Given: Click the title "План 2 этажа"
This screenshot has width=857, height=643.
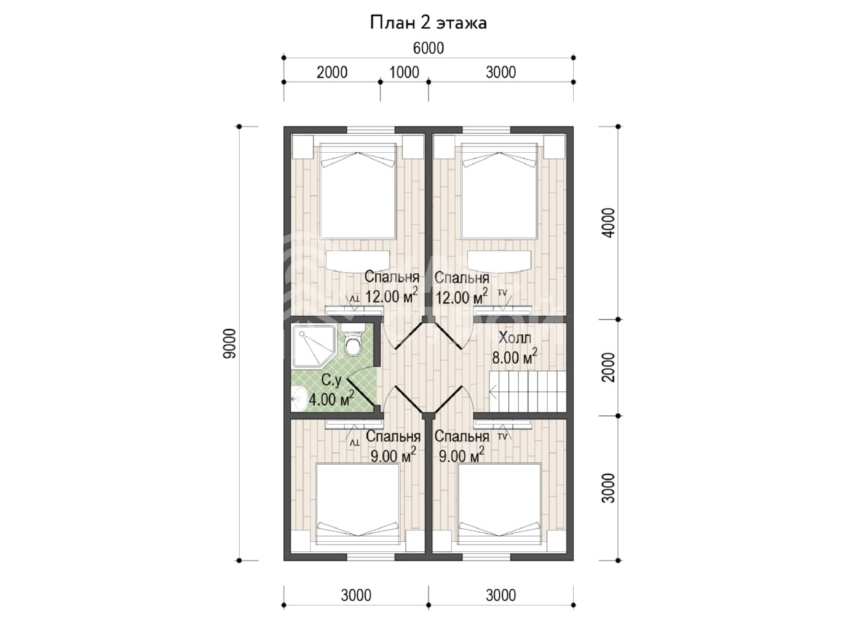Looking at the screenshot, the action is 428,23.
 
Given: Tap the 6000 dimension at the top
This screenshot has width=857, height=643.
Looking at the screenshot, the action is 428,48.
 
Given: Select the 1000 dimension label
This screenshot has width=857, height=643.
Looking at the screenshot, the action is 404,72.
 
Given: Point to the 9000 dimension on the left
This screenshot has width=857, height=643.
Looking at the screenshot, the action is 230,344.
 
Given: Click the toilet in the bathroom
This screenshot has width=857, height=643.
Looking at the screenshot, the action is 353,340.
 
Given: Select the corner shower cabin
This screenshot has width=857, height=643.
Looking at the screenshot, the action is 314,346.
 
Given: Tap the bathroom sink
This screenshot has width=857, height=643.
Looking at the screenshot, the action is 299,399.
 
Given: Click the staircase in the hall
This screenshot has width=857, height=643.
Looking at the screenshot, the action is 527,390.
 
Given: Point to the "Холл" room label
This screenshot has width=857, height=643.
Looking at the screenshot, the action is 515,338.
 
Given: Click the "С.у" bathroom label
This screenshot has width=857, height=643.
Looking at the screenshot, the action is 331,380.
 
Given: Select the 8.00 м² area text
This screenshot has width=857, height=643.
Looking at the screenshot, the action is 514,357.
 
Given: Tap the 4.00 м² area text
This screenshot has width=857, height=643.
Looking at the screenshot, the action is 331,399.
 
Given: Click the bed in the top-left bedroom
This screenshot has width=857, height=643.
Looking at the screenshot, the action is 358,191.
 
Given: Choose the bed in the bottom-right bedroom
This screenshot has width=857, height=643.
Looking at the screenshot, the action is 499,504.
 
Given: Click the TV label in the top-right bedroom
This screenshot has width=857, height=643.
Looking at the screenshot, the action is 502,293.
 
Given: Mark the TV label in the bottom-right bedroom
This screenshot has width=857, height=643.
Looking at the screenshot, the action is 502,437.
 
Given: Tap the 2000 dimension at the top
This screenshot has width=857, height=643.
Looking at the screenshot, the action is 332,72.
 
